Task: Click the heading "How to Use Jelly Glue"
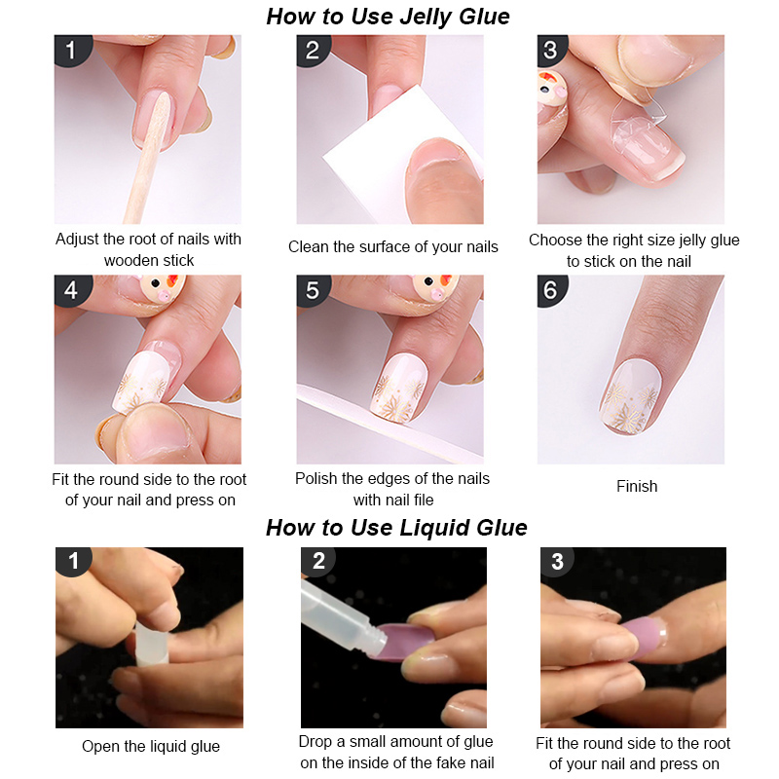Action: pyautogui.click(x=388, y=17)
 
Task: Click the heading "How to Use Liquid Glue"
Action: pyautogui.click(x=396, y=528)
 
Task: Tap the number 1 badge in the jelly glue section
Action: pyautogui.click(x=71, y=50)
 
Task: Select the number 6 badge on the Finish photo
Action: pyautogui.click(x=551, y=290)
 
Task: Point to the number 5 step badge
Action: pyautogui.click(x=313, y=290)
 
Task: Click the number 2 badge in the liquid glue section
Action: pyautogui.click(x=318, y=562)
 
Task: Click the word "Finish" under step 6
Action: pyautogui.click(x=637, y=486)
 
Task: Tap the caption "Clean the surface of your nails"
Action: pyautogui.click(x=393, y=247)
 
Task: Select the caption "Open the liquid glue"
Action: pyautogui.click(x=151, y=746)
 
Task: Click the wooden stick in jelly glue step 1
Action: pyautogui.click(x=148, y=159)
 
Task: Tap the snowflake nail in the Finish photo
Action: pyautogui.click(x=630, y=397)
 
